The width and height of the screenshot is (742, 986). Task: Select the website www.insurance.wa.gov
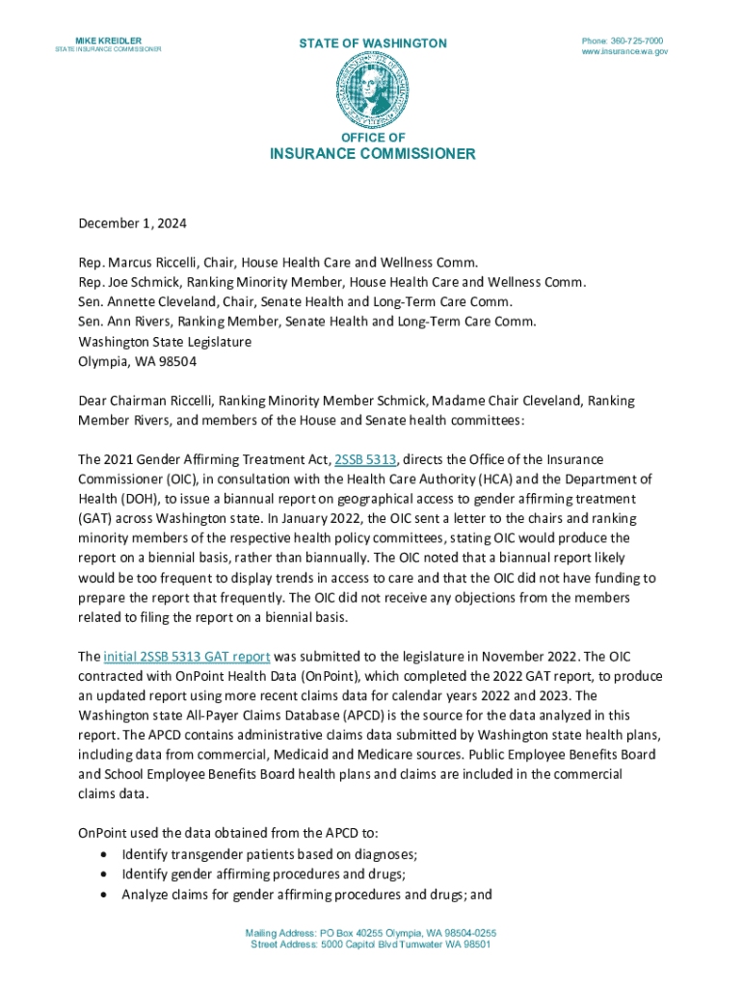(x=623, y=52)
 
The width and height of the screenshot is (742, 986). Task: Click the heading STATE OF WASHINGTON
(x=372, y=43)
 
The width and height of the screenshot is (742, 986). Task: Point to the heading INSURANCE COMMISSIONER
(x=372, y=154)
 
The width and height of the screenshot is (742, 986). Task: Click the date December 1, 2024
(x=132, y=223)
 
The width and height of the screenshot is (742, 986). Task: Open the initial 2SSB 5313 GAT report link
(x=186, y=657)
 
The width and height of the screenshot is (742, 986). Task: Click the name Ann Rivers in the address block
(x=132, y=322)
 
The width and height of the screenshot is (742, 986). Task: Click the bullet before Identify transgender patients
(x=104, y=854)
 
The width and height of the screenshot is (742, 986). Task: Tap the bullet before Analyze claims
(x=104, y=895)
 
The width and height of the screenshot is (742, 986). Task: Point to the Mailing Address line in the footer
(x=371, y=934)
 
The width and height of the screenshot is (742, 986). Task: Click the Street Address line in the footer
(x=371, y=945)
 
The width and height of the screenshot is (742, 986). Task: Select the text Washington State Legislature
(x=165, y=342)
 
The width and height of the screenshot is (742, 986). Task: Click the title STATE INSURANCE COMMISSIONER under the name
(x=107, y=50)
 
